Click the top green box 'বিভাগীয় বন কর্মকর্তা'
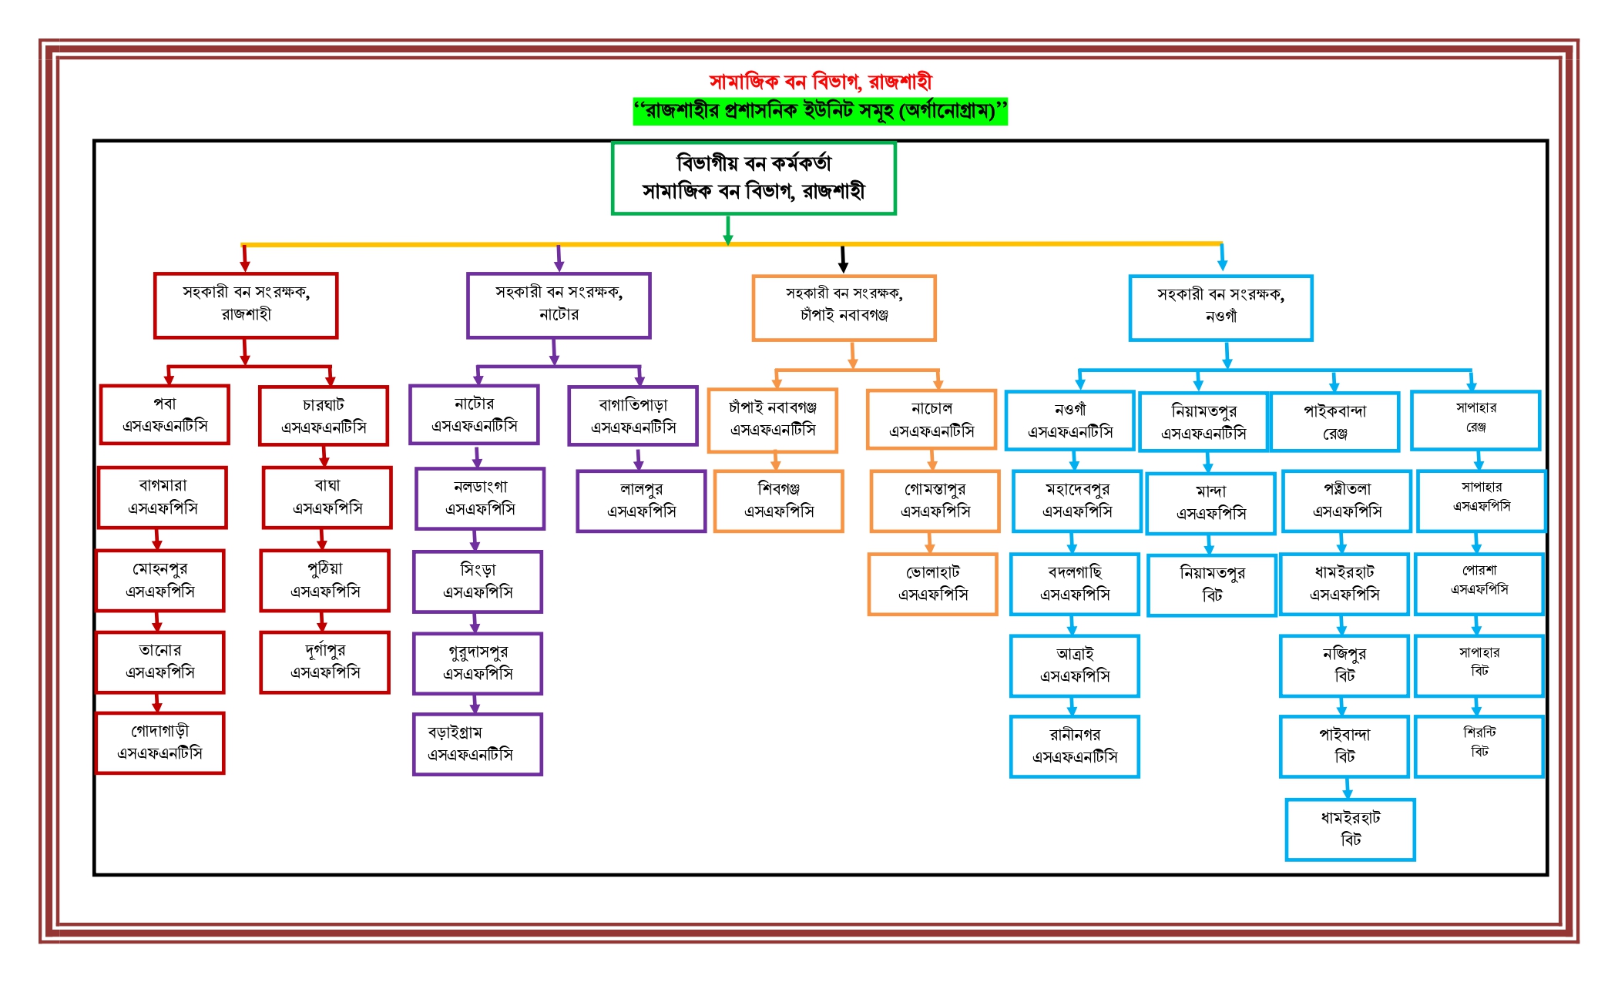pyautogui.click(x=754, y=178)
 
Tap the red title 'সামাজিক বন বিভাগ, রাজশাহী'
pyautogui.click(x=820, y=82)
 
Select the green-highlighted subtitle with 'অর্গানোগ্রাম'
pyautogui.click(x=820, y=112)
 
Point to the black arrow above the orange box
pyautogui.click(x=844, y=260)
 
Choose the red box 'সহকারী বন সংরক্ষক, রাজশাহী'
pyautogui.click(x=246, y=305)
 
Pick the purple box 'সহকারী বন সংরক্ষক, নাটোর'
pyautogui.click(x=559, y=305)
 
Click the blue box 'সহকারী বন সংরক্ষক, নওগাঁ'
pyautogui.click(x=1220, y=307)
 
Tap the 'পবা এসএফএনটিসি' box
pyautogui.click(x=165, y=415)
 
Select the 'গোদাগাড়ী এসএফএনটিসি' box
pyautogui.click(x=160, y=742)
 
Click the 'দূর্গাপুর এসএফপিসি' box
pyautogui.click(x=325, y=662)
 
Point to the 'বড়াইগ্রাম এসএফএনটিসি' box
pyautogui.click(x=478, y=744)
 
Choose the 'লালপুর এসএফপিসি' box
pyautogui.click(x=641, y=501)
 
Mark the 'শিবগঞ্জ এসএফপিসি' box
pyautogui.click(x=778, y=501)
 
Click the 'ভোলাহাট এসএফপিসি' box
pyautogui.click(x=932, y=584)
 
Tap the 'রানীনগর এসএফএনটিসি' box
pyautogui.click(x=1075, y=746)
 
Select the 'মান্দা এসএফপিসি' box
pyautogui.click(x=1210, y=503)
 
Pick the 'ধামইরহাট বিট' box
pyautogui.click(x=1350, y=830)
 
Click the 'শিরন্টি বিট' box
pyautogui.click(x=1479, y=746)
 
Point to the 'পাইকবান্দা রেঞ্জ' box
pyautogui.click(x=1334, y=422)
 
